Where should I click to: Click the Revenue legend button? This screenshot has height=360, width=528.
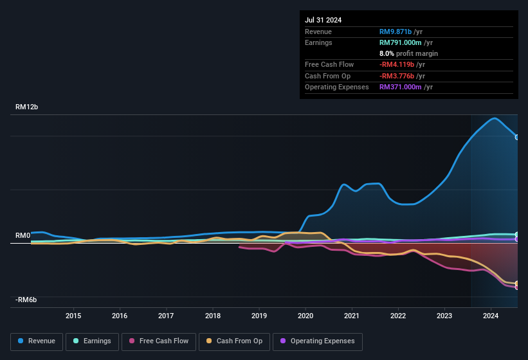pyautogui.click(x=37, y=341)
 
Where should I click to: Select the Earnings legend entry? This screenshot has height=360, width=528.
pyautogui.click(x=92, y=341)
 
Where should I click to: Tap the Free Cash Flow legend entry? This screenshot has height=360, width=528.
pyautogui.click(x=159, y=341)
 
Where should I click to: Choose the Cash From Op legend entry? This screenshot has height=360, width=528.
pyautogui.click(x=235, y=341)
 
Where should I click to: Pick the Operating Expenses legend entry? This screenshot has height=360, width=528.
pyautogui.click(x=318, y=341)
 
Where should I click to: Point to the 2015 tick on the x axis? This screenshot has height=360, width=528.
pyautogui.click(x=73, y=316)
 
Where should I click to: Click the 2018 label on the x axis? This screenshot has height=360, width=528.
pyautogui.click(x=213, y=316)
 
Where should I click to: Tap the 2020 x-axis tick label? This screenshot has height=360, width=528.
pyautogui.click(x=305, y=316)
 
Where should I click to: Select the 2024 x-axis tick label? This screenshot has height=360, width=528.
pyautogui.click(x=491, y=316)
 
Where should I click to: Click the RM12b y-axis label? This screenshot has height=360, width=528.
pyautogui.click(x=27, y=107)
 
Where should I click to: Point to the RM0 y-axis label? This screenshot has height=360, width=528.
pyautogui.click(x=23, y=236)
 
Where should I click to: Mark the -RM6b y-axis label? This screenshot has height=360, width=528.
pyautogui.click(x=26, y=300)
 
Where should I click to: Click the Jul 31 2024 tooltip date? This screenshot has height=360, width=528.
pyautogui.click(x=323, y=20)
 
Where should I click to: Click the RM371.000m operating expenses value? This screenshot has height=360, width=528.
pyautogui.click(x=401, y=87)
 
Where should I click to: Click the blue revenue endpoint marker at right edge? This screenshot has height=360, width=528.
pyautogui.click(x=516, y=137)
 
